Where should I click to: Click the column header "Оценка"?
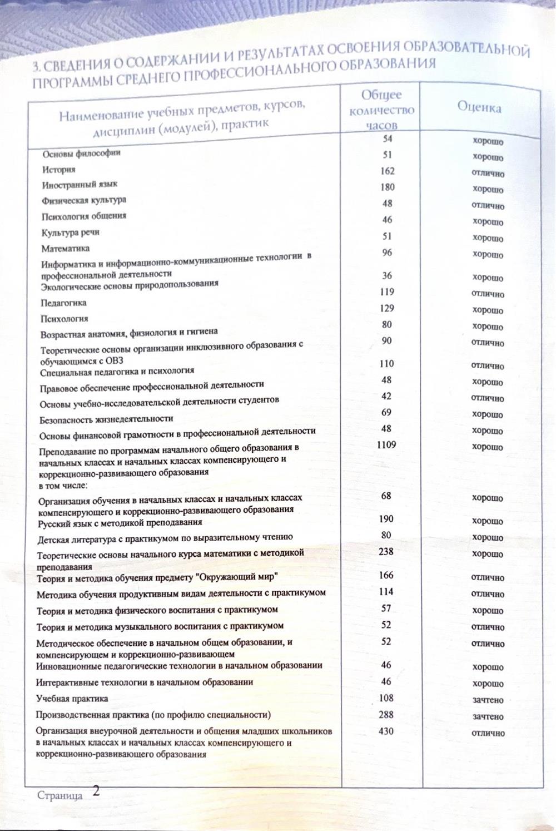(479, 107)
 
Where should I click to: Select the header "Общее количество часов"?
(381, 110)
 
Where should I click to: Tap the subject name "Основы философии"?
(81, 154)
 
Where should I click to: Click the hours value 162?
(388, 171)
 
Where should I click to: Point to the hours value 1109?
(386, 445)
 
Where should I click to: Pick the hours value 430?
(386, 731)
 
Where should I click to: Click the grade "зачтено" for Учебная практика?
(488, 700)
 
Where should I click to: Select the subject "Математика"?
(65, 249)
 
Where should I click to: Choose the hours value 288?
(386, 715)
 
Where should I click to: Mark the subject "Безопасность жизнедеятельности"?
(106, 419)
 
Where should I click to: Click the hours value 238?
(386, 552)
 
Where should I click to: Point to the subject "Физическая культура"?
(83, 200)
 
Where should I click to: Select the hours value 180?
(388, 187)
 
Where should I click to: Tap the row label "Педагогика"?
(63, 303)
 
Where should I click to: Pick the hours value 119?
(387, 292)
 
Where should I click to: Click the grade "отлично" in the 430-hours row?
(488, 733)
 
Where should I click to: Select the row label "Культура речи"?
(70, 233)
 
